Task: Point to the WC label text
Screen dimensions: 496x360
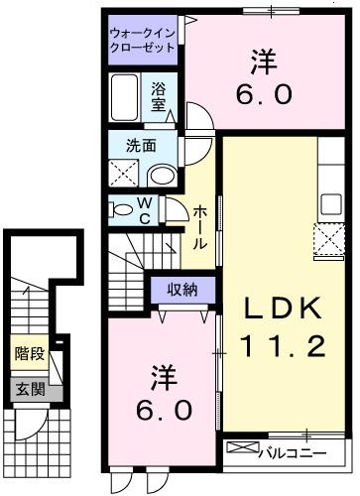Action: tap(144, 212)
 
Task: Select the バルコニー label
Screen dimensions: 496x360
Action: tap(294, 452)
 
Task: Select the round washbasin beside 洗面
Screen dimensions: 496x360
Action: tap(161, 176)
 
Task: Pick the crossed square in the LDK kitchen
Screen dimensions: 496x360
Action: tap(328, 240)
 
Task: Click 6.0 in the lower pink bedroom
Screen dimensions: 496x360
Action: tap(165, 408)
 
